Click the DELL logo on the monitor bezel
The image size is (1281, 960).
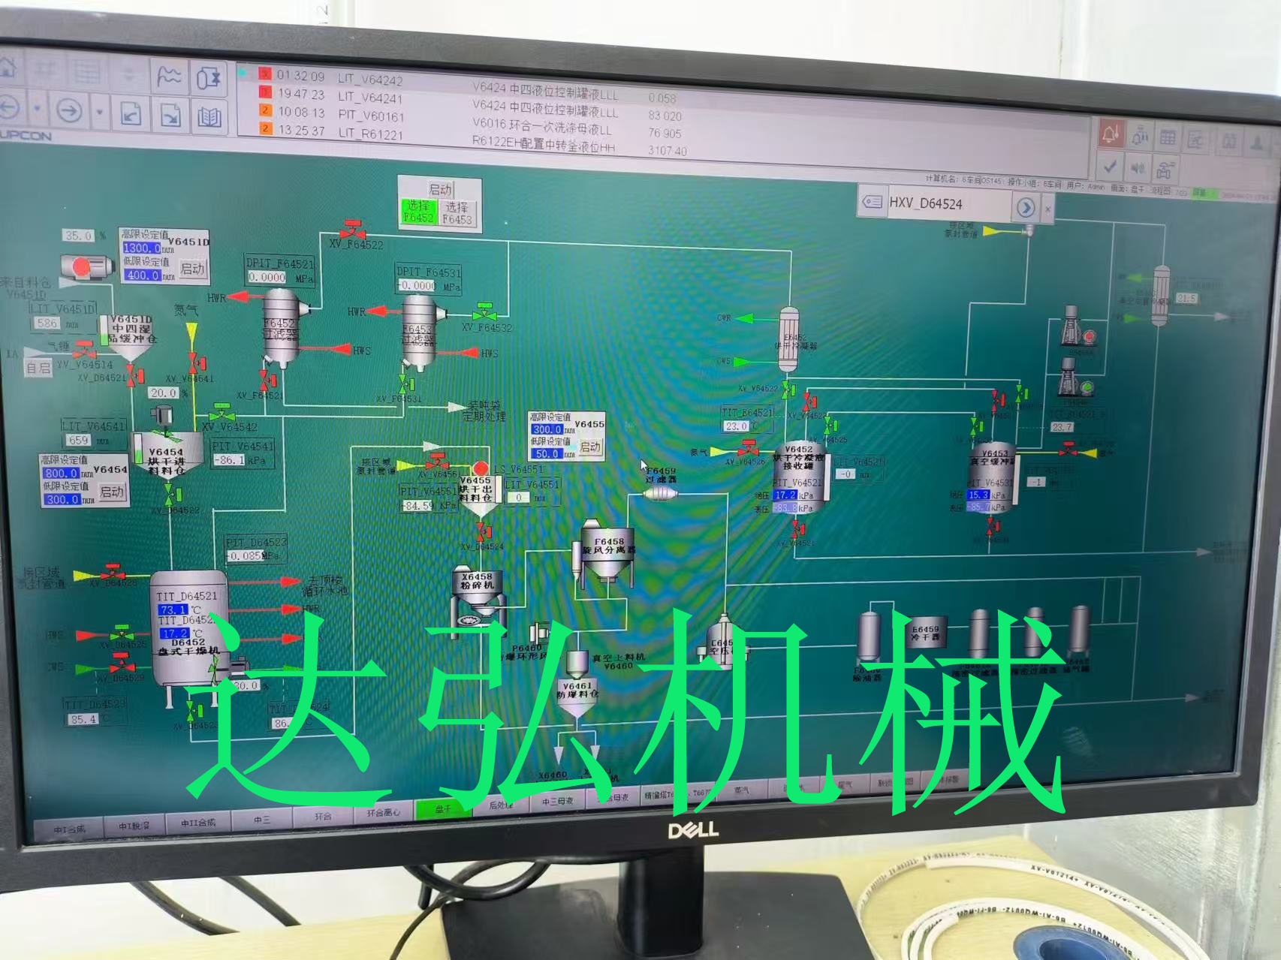point(693,829)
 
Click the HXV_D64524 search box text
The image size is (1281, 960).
point(926,203)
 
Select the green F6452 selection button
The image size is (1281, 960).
point(417,212)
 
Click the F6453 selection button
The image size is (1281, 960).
point(457,212)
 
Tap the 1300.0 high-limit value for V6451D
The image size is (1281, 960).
point(141,248)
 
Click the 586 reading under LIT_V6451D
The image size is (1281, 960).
point(47,323)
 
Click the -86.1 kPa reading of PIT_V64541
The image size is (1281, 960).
point(229,460)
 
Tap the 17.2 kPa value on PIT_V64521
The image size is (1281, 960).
point(785,495)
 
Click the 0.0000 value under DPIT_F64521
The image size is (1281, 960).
point(267,277)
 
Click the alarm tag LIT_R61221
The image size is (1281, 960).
point(370,134)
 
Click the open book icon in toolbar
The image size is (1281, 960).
point(209,116)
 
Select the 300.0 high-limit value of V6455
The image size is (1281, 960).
point(547,429)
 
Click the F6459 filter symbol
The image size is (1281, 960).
point(661,493)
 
